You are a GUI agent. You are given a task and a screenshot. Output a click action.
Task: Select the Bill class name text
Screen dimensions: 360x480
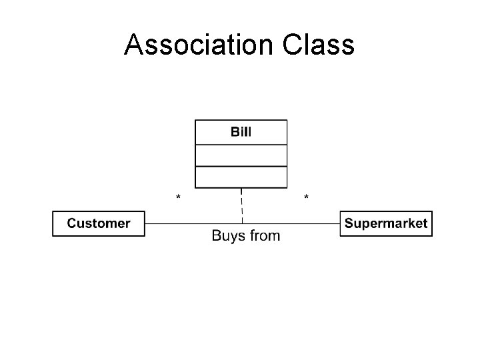(241, 131)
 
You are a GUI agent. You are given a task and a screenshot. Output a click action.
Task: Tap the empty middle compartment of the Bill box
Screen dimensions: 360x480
(241, 155)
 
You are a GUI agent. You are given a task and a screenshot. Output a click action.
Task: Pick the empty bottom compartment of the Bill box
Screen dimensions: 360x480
(241, 177)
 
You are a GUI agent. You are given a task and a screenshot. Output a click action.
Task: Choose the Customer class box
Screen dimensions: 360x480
(99, 223)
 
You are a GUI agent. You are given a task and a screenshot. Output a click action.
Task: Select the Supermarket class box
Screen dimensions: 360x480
(386, 223)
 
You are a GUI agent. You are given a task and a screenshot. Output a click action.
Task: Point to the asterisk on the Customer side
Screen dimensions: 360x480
(178, 198)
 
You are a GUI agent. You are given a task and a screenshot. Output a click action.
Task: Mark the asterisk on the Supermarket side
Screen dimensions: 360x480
(306, 198)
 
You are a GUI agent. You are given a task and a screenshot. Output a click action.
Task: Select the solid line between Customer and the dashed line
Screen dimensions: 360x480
(193, 223)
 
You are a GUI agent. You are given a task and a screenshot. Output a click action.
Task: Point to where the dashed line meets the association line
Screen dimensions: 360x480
(241, 223)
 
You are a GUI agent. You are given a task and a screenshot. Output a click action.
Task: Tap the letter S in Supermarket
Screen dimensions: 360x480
(349, 223)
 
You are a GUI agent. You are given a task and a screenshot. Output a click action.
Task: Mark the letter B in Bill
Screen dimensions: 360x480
(235, 131)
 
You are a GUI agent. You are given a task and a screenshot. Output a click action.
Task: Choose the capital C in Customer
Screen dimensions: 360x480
(71, 223)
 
